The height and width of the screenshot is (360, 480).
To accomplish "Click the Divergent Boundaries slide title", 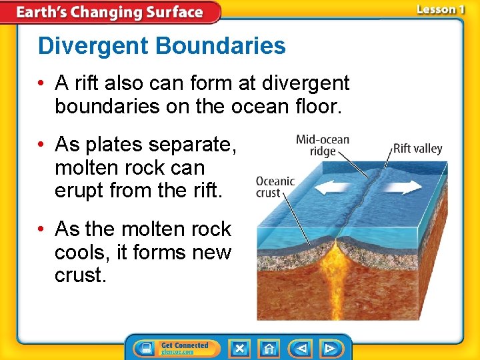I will (161, 46).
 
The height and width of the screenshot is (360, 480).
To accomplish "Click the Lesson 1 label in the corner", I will (441, 10).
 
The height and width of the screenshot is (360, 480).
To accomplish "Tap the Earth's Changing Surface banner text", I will (109, 12).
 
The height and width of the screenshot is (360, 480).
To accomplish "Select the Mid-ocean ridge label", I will (323, 145).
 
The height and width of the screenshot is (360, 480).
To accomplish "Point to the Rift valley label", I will (417, 149).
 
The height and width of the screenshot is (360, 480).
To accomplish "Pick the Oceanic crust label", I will (275, 187).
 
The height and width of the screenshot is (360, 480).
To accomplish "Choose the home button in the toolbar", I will (269, 348).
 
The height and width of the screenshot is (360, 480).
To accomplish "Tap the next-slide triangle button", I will (329, 348).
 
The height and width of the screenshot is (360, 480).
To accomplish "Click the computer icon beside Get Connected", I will (145, 348).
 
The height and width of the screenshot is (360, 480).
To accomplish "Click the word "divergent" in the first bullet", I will (305, 83).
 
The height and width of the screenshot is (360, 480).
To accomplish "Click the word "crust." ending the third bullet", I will (80, 275).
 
